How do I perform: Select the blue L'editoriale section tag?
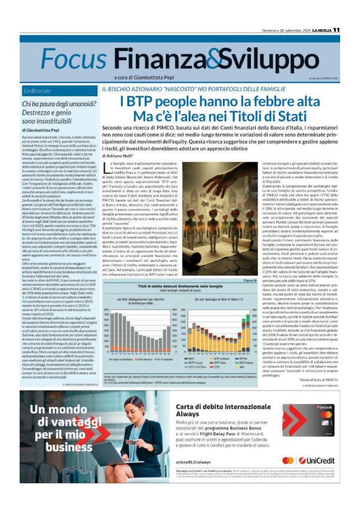click(40, 91)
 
